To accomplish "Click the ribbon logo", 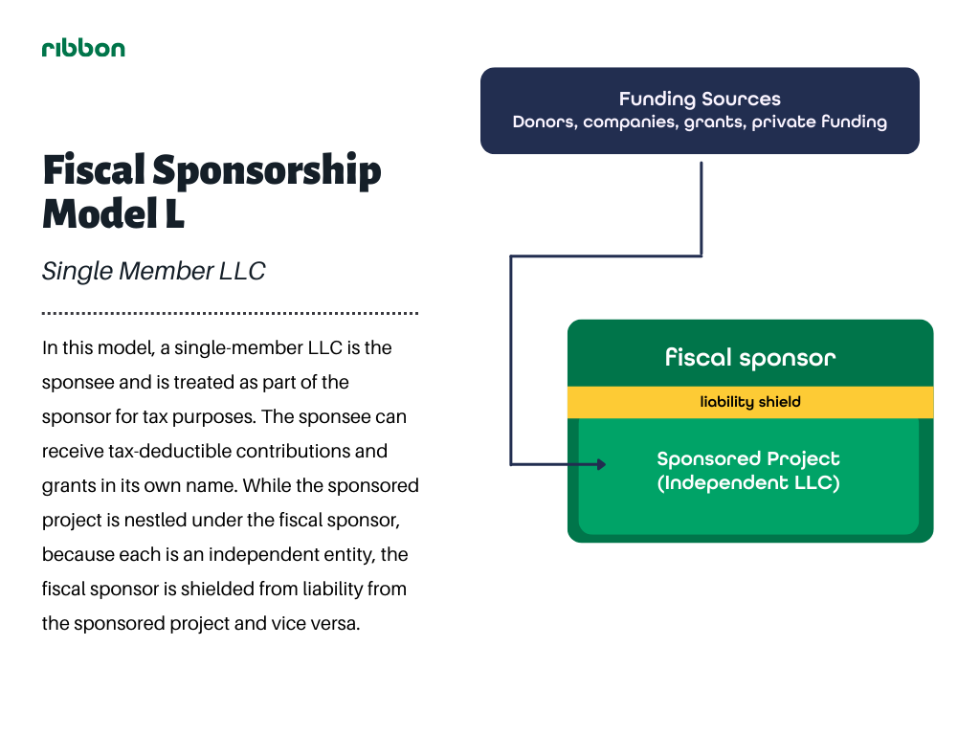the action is [x=83, y=48].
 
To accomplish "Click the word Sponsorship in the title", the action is [x=266, y=170].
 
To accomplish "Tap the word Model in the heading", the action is [x=100, y=213].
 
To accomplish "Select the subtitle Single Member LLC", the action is [x=154, y=271].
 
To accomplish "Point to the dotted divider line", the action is [x=230, y=313].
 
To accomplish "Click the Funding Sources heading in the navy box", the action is [x=700, y=99].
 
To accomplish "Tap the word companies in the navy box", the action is [x=631, y=122].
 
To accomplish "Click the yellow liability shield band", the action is [x=750, y=402].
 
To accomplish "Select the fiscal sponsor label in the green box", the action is [x=750, y=358].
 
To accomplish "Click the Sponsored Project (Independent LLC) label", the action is [x=748, y=471].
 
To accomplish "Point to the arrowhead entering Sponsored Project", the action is [x=601, y=464].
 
